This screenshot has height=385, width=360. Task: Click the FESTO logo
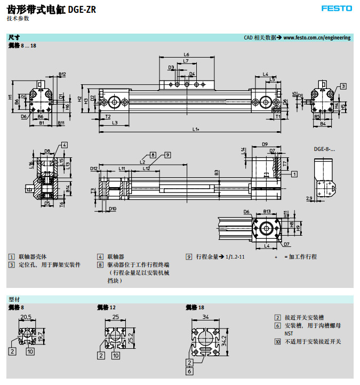[337, 8]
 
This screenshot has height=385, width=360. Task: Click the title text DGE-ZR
[82, 9]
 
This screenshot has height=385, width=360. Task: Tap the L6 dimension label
[187, 54]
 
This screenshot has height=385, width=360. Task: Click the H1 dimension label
[10, 97]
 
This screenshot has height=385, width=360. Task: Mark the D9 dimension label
[265, 144]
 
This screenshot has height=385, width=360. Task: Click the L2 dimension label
[142, 161]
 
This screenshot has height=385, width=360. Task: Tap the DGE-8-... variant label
[325, 150]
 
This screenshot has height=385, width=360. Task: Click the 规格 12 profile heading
[106, 308]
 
